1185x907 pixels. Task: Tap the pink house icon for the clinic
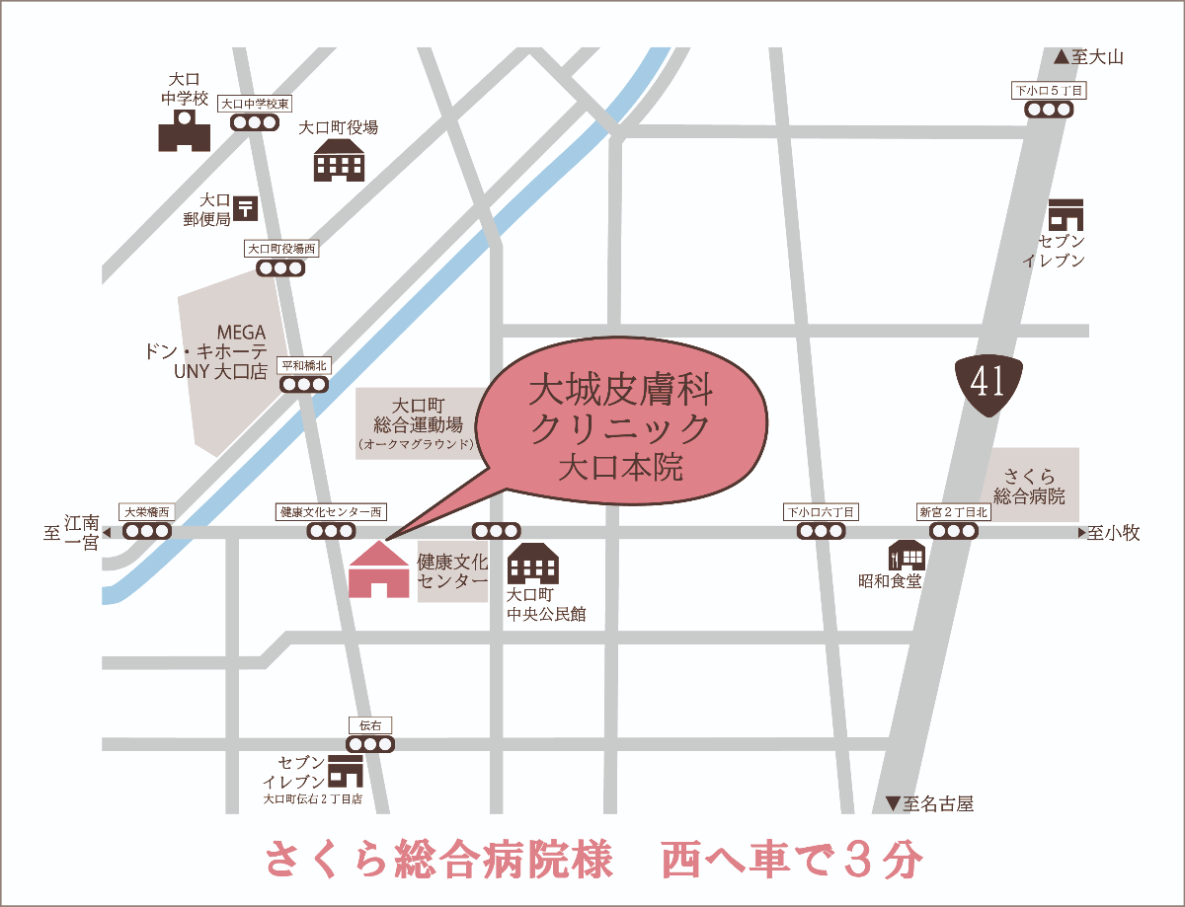(378, 569)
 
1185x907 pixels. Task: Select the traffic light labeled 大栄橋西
(146, 531)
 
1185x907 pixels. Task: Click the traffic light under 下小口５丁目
(1048, 110)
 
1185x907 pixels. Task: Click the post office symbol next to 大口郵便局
(247, 208)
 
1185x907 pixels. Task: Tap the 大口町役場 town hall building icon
(339, 160)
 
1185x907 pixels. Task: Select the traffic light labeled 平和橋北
(303, 384)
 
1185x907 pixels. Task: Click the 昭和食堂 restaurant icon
(906, 556)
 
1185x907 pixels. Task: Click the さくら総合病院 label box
(1035, 486)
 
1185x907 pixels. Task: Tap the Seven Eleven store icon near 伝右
(345, 771)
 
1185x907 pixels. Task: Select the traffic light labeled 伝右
(370, 743)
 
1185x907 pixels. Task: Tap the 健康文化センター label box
(452, 572)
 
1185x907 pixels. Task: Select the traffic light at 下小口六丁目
(822, 531)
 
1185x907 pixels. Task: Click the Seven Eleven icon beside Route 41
(1066, 215)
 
